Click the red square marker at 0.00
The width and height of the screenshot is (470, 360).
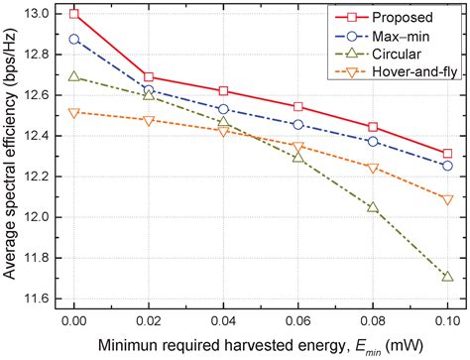(74, 15)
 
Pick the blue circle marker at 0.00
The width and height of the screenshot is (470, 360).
(74, 40)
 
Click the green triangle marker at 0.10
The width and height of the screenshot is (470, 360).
(448, 277)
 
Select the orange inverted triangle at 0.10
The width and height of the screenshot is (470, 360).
(448, 199)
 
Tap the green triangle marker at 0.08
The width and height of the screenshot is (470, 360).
(373, 207)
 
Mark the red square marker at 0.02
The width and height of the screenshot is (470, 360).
(149, 76)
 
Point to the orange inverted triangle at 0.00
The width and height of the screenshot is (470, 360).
(74, 112)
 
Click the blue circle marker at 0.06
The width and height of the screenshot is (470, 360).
(298, 125)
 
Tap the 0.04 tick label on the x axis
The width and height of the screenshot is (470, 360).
(224, 323)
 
